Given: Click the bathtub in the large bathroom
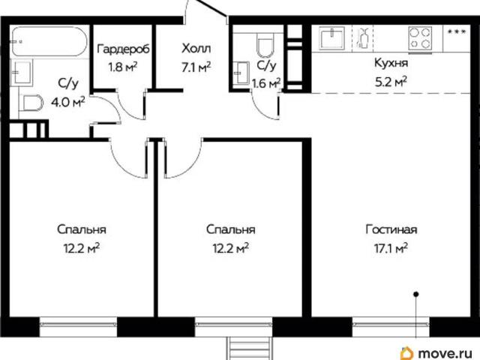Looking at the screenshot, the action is tap(49, 41).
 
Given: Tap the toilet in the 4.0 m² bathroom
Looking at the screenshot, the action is tap(31, 103).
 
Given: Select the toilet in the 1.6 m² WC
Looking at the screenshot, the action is tap(265, 45).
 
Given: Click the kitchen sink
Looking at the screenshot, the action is tap(331, 38).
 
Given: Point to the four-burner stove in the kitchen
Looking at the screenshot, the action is tap(420, 38).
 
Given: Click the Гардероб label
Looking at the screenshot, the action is tap(123, 49).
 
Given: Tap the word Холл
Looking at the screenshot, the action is tap(196, 48).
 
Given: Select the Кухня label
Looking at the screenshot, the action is tap(391, 63).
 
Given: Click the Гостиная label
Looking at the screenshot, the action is tap(391, 229).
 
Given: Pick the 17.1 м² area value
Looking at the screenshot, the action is tap(391, 248).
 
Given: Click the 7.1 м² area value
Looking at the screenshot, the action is tap(196, 67).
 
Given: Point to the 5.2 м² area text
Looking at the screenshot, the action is tap(391, 82).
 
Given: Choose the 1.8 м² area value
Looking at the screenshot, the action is tap(123, 67).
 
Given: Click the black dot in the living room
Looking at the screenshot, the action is tap(416, 295).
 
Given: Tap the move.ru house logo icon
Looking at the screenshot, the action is tap(406, 352).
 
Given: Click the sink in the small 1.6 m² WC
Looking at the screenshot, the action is tap(241, 73).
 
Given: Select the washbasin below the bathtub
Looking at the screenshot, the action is tap(22, 73).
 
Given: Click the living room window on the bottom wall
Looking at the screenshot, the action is tap(391, 326).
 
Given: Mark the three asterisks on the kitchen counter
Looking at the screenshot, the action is tap(457, 31).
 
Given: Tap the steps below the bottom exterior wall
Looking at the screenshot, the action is tap(250, 348).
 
